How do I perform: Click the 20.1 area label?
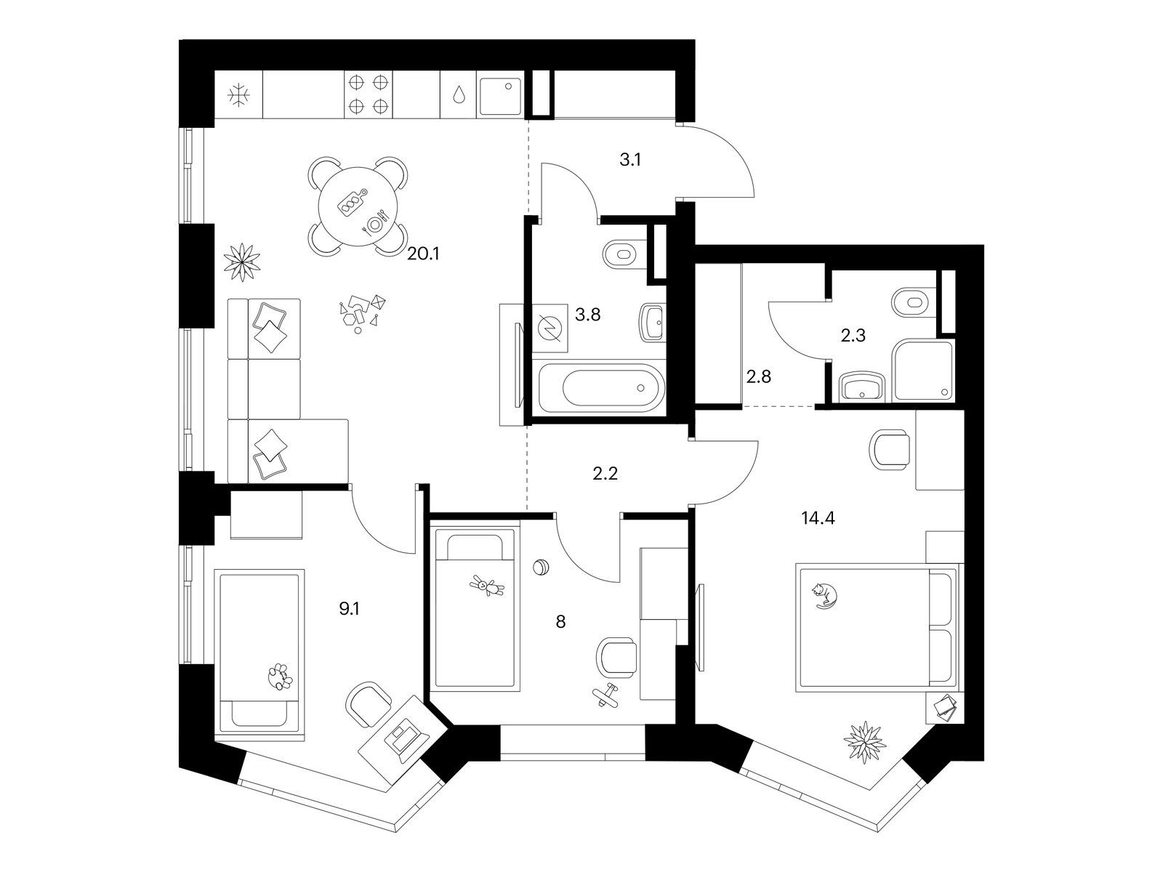pyautogui.click(x=423, y=254)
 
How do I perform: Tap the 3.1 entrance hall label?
pyautogui.click(x=630, y=159)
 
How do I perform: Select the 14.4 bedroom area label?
pyautogui.click(x=818, y=518)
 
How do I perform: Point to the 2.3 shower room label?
pyautogui.click(x=853, y=335)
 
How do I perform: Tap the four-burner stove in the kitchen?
pyautogui.click(x=369, y=94)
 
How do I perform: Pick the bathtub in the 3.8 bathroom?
pyautogui.click(x=601, y=387)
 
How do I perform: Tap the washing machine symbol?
pyautogui.click(x=550, y=328)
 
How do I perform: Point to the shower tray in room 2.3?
pyautogui.click(x=922, y=370)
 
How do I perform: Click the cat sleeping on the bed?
pyautogui.click(x=824, y=595)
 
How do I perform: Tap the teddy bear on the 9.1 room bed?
pyautogui.click(x=280, y=677)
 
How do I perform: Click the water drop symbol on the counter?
pyautogui.click(x=459, y=95)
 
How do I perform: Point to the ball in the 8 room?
pyautogui.click(x=541, y=568)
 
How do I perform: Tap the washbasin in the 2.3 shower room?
pyautogui.click(x=861, y=386)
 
